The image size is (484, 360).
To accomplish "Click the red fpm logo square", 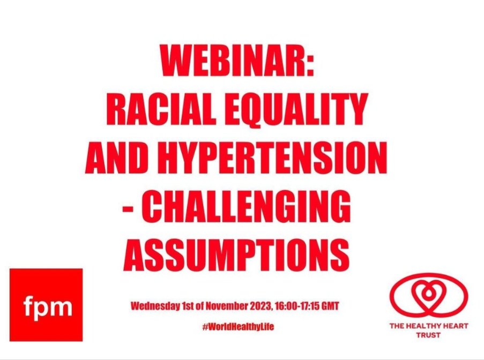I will (x=47, y=305).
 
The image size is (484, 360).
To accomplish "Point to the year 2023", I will (x=262, y=307).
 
